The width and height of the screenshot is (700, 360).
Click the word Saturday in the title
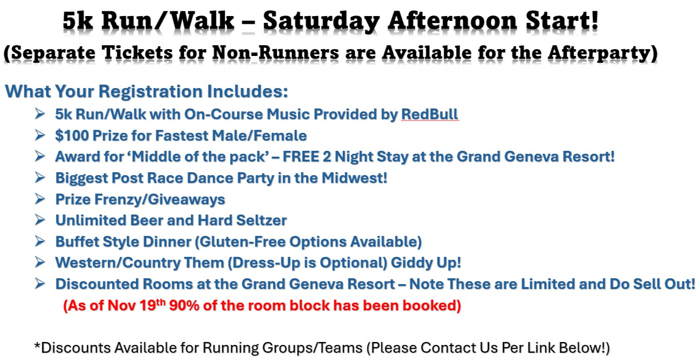pos(321,21)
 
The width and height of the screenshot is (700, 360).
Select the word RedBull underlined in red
pos(430,114)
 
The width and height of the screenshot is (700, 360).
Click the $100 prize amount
pos(72,136)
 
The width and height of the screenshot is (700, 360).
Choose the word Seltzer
pos(261,220)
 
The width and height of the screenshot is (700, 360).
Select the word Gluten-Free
pos(242,242)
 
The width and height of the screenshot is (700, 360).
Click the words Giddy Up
pos(426,263)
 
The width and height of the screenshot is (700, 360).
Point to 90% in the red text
pos(184,306)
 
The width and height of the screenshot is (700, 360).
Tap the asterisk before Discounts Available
pos(37,345)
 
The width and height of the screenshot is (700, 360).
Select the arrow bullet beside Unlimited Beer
pos(40,220)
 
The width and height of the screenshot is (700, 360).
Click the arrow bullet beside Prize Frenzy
pos(40,199)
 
